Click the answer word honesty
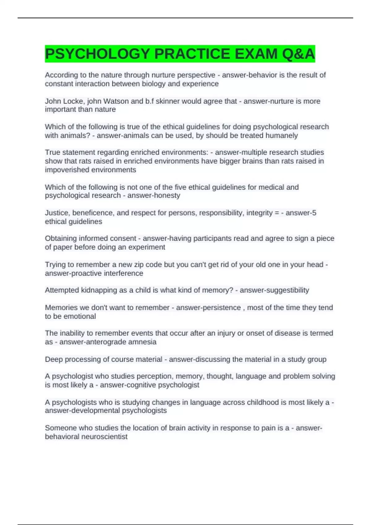[167, 195]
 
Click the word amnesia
[144, 342]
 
